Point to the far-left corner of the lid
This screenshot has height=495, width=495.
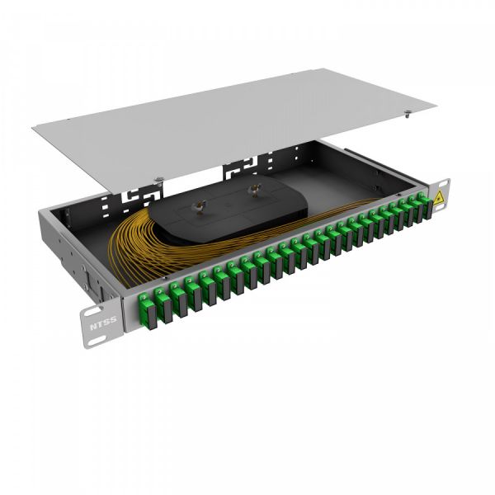coord(33,127)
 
